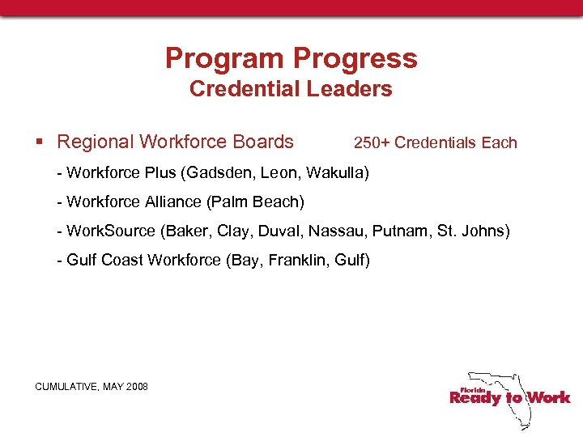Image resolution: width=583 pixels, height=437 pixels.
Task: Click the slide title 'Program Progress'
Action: (291, 58)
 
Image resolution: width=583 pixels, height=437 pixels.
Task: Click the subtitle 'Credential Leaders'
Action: (291, 89)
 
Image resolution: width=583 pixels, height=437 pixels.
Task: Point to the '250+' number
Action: (372, 143)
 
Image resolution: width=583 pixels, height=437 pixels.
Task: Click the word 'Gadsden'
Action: (220, 172)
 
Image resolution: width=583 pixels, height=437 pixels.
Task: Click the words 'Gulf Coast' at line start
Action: (104, 260)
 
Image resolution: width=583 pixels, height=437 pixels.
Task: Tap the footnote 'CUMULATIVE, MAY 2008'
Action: (91, 387)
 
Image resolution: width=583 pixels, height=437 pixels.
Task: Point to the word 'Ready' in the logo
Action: (475, 397)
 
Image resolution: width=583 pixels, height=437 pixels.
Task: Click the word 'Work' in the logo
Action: (548, 397)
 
